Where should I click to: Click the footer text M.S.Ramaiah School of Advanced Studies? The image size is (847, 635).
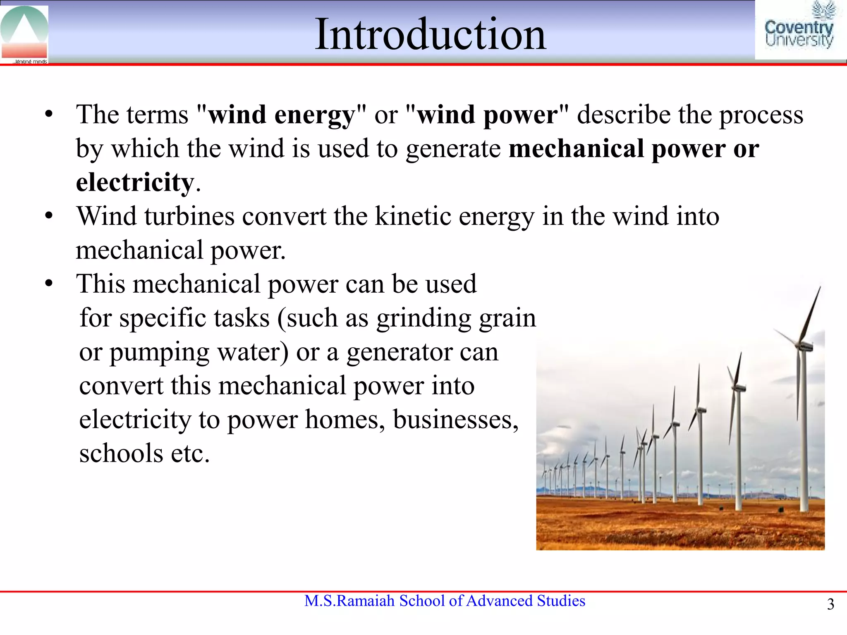(445, 601)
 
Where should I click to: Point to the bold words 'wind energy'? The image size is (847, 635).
(281, 115)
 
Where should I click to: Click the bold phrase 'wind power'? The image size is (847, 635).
(487, 115)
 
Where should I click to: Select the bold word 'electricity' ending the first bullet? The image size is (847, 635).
(135, 182)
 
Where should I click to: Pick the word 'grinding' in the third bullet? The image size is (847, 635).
(423, 318)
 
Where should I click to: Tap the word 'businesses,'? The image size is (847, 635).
(455, 420)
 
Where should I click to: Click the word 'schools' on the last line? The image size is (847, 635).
(121, 454)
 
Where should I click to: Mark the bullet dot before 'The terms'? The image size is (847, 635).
(49, 115)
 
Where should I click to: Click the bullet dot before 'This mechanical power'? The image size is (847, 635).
(49, 284)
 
